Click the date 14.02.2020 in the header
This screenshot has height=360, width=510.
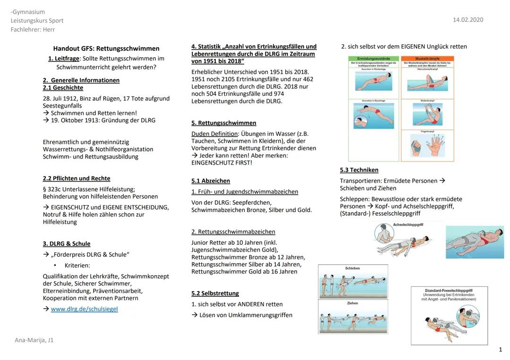click(x=467, y=20)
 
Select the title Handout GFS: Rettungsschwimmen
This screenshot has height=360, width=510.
click(x=106, y=49)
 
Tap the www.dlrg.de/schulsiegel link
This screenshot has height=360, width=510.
click(x=84, y=309)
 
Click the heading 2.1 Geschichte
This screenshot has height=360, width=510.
click(x=63, y=88)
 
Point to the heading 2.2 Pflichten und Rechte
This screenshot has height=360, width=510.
click(x=76, y=178)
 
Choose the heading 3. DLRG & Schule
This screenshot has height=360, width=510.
click(x=67, y=243)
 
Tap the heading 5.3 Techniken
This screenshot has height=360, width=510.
click(x=359, y=170)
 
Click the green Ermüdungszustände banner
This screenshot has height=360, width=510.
click(x=374, y=59)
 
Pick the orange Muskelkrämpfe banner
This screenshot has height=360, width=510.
click(x=427, y=59)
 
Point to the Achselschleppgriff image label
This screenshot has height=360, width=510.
click(x=408, y=225)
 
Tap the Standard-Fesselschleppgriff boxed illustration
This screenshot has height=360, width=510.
click(x=449, y=315)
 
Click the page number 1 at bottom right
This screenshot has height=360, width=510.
click(x=500, y=350)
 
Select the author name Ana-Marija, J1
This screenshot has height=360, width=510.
click(x=34, y=340)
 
